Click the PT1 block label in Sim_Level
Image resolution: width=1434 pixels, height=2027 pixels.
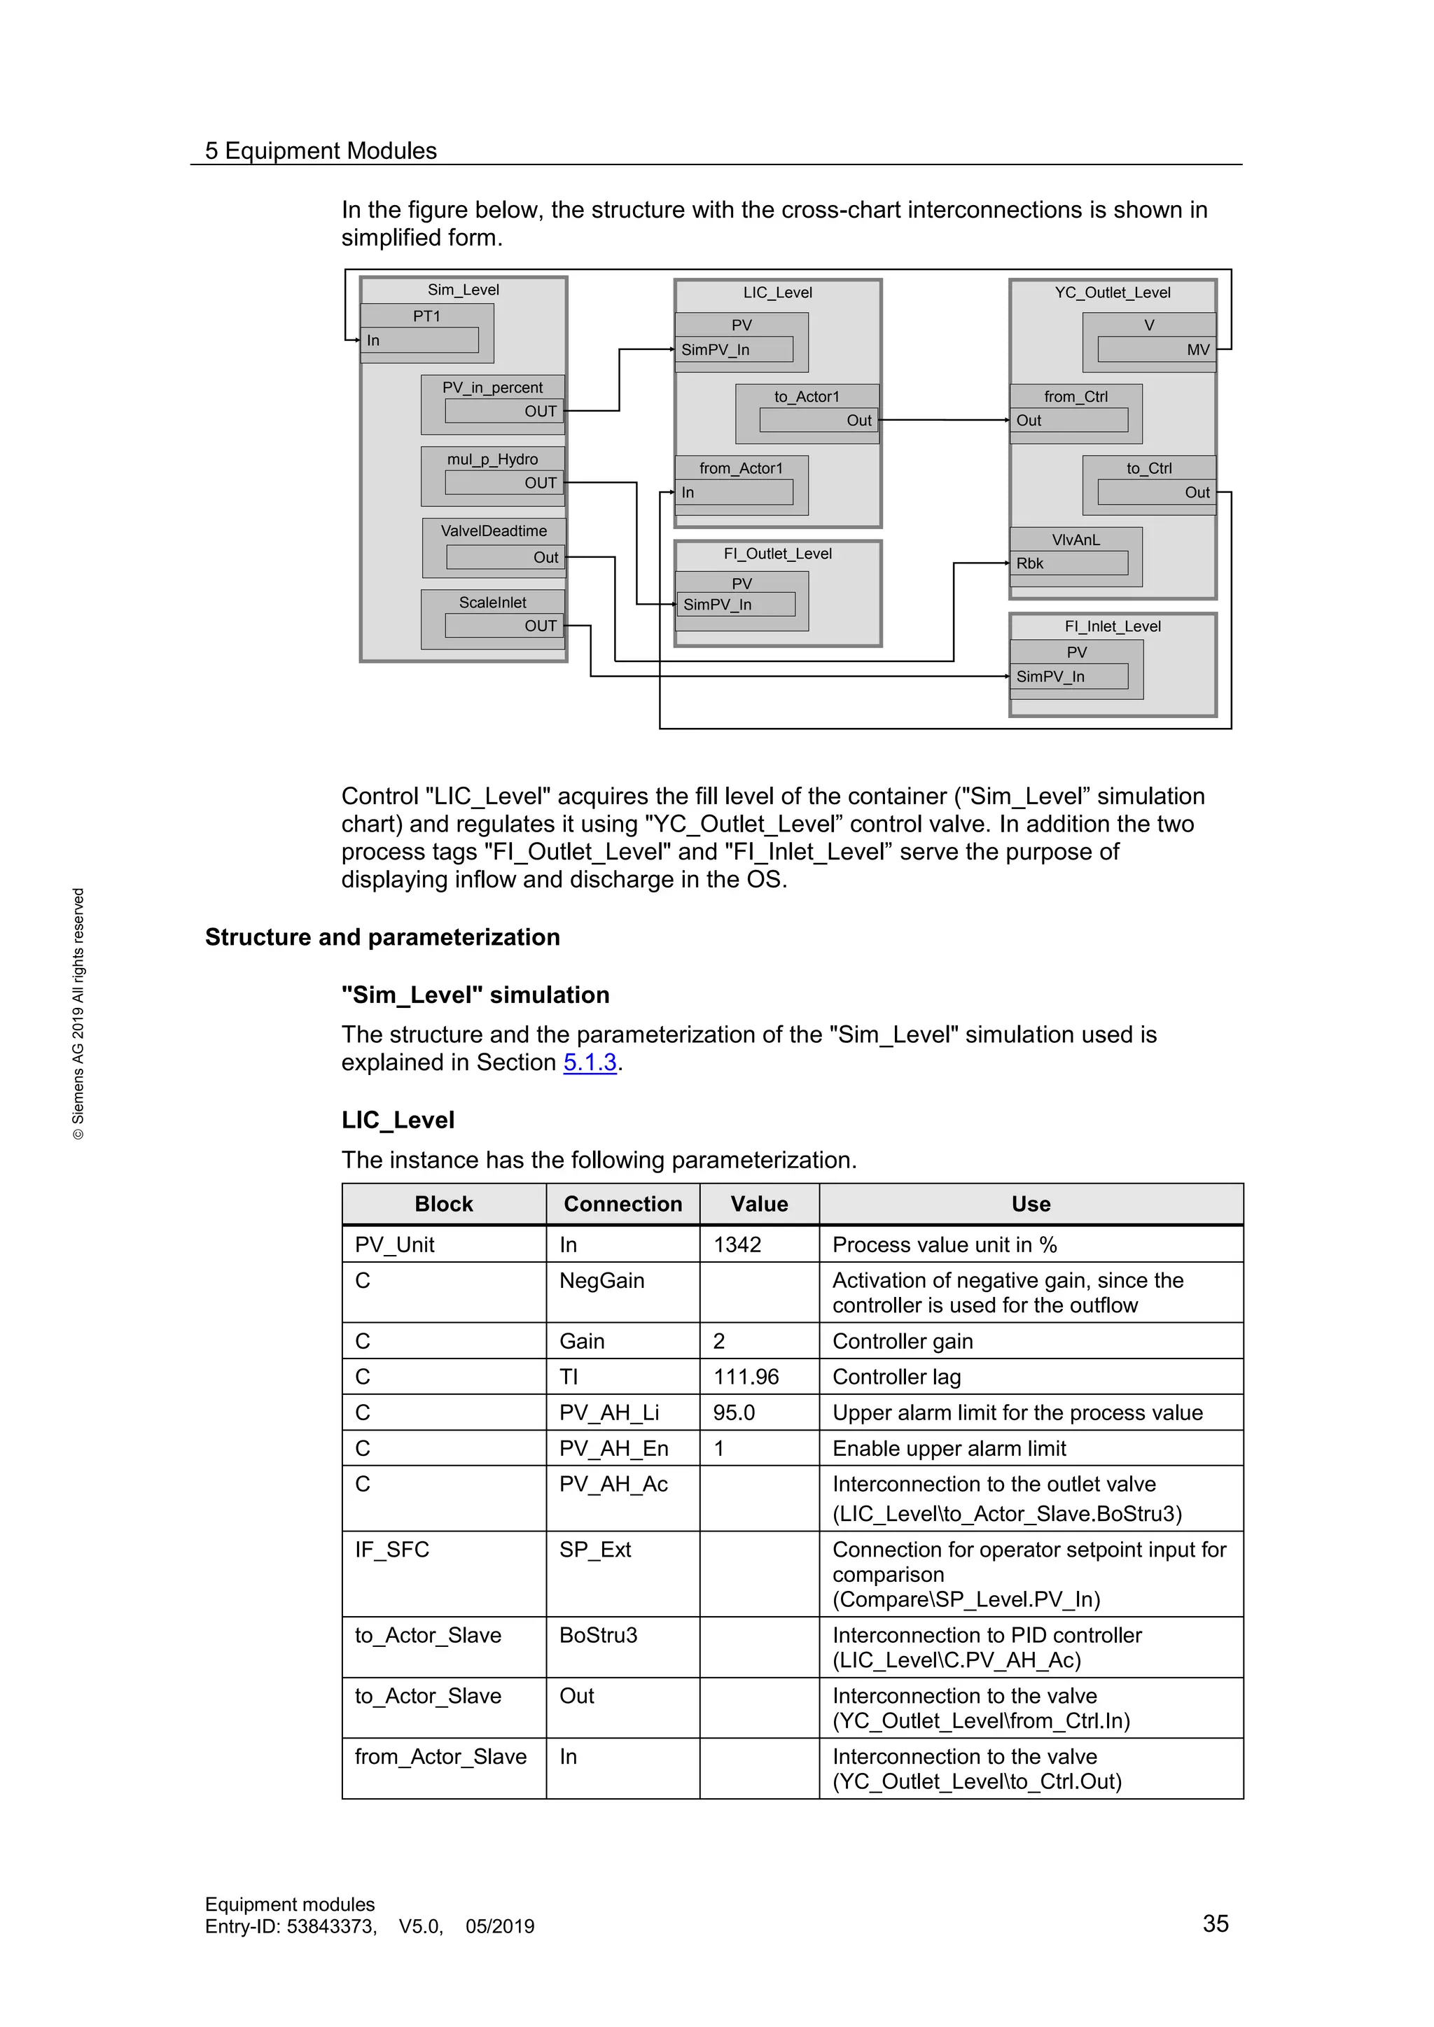426,316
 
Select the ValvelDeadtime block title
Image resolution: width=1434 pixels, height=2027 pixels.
494,531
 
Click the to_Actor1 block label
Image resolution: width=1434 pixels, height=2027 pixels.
806,396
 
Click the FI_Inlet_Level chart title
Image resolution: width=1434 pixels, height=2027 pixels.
1112,626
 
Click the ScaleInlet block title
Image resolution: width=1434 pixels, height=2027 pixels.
492,602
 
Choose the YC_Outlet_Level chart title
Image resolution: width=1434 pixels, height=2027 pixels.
1112,292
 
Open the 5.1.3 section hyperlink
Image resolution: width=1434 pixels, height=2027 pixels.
589,1062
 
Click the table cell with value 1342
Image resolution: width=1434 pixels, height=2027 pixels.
737,1244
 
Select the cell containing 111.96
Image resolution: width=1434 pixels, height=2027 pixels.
746,1377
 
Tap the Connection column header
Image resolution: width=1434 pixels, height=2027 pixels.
622,1204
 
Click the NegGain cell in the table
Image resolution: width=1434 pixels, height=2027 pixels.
601,1281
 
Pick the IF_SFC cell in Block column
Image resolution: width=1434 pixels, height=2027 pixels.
392,1550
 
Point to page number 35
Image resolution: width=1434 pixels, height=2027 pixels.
1215,1923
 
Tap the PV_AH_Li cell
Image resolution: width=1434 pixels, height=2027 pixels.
609,1412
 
